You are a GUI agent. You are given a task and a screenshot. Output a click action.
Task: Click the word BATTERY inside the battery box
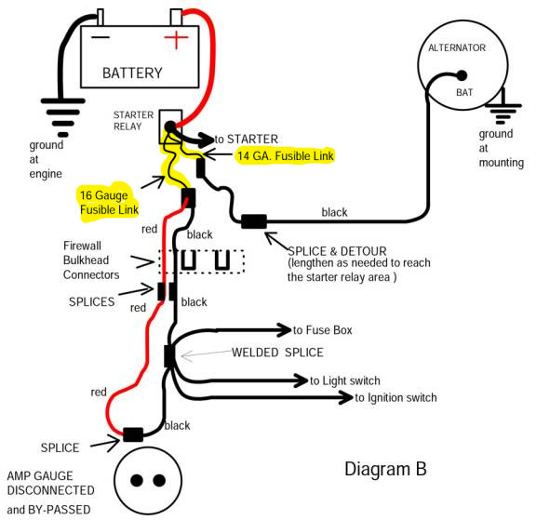132,73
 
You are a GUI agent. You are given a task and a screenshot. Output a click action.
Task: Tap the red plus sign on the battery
176,38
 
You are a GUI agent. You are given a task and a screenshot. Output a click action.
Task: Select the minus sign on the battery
100,37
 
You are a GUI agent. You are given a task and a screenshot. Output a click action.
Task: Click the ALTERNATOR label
457,47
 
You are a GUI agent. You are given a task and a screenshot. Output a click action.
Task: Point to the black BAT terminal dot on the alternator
462,75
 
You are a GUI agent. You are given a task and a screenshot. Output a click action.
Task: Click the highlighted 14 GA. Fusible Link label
286,156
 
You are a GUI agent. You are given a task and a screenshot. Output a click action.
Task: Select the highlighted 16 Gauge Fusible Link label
109,202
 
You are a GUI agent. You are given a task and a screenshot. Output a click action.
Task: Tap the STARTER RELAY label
133,121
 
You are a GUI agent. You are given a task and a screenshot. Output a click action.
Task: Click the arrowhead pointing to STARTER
208,140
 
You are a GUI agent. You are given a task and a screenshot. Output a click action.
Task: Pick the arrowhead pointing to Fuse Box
285,330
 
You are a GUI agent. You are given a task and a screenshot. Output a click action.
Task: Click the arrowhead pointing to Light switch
301,380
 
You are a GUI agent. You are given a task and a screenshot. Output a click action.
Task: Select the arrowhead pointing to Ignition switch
346,397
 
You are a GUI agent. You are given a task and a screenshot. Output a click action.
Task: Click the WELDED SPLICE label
277,353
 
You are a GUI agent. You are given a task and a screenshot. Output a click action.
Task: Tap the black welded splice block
169,356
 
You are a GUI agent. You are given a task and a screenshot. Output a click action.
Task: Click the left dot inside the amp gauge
137,480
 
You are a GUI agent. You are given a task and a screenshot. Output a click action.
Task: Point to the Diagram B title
385,469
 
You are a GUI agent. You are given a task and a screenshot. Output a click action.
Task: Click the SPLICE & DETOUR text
337,251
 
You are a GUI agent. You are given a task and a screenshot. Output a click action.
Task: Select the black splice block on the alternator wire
254,221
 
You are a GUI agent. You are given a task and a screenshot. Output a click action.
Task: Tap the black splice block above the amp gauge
133,434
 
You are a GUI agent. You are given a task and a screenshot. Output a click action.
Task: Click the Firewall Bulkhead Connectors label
91,260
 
